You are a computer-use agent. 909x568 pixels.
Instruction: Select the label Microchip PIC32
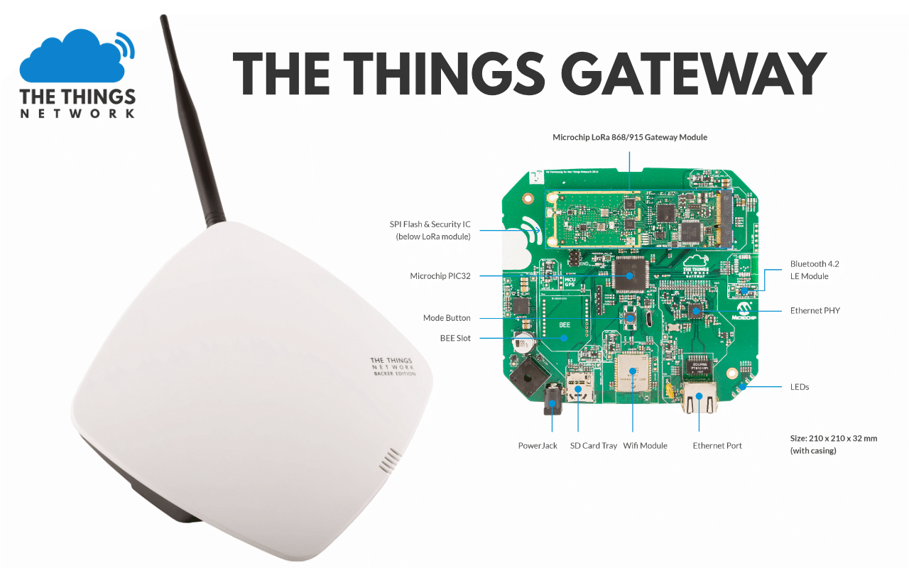[x=440, y=276]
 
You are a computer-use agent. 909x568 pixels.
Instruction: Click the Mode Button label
[x=447, y=318]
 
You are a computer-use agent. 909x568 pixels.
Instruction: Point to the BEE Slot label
[x=455, y=338]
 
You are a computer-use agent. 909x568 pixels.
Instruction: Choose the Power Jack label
[x=538, y=446]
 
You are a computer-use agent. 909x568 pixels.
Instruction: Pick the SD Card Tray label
[x=594, y=446]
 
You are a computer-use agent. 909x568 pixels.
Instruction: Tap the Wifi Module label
[x=645, y=446]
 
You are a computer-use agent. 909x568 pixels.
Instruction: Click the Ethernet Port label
[x=717, y=446]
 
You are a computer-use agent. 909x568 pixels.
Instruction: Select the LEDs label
[x=800, y=387]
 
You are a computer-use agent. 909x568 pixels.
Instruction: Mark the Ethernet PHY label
[x=815, y=311]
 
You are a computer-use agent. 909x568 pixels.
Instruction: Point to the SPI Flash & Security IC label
[x=430, y=230]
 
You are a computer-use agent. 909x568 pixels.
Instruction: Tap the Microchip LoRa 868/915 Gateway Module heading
[x=630, y=137]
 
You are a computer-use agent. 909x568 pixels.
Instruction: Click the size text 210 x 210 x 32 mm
[x=834, y=438]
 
